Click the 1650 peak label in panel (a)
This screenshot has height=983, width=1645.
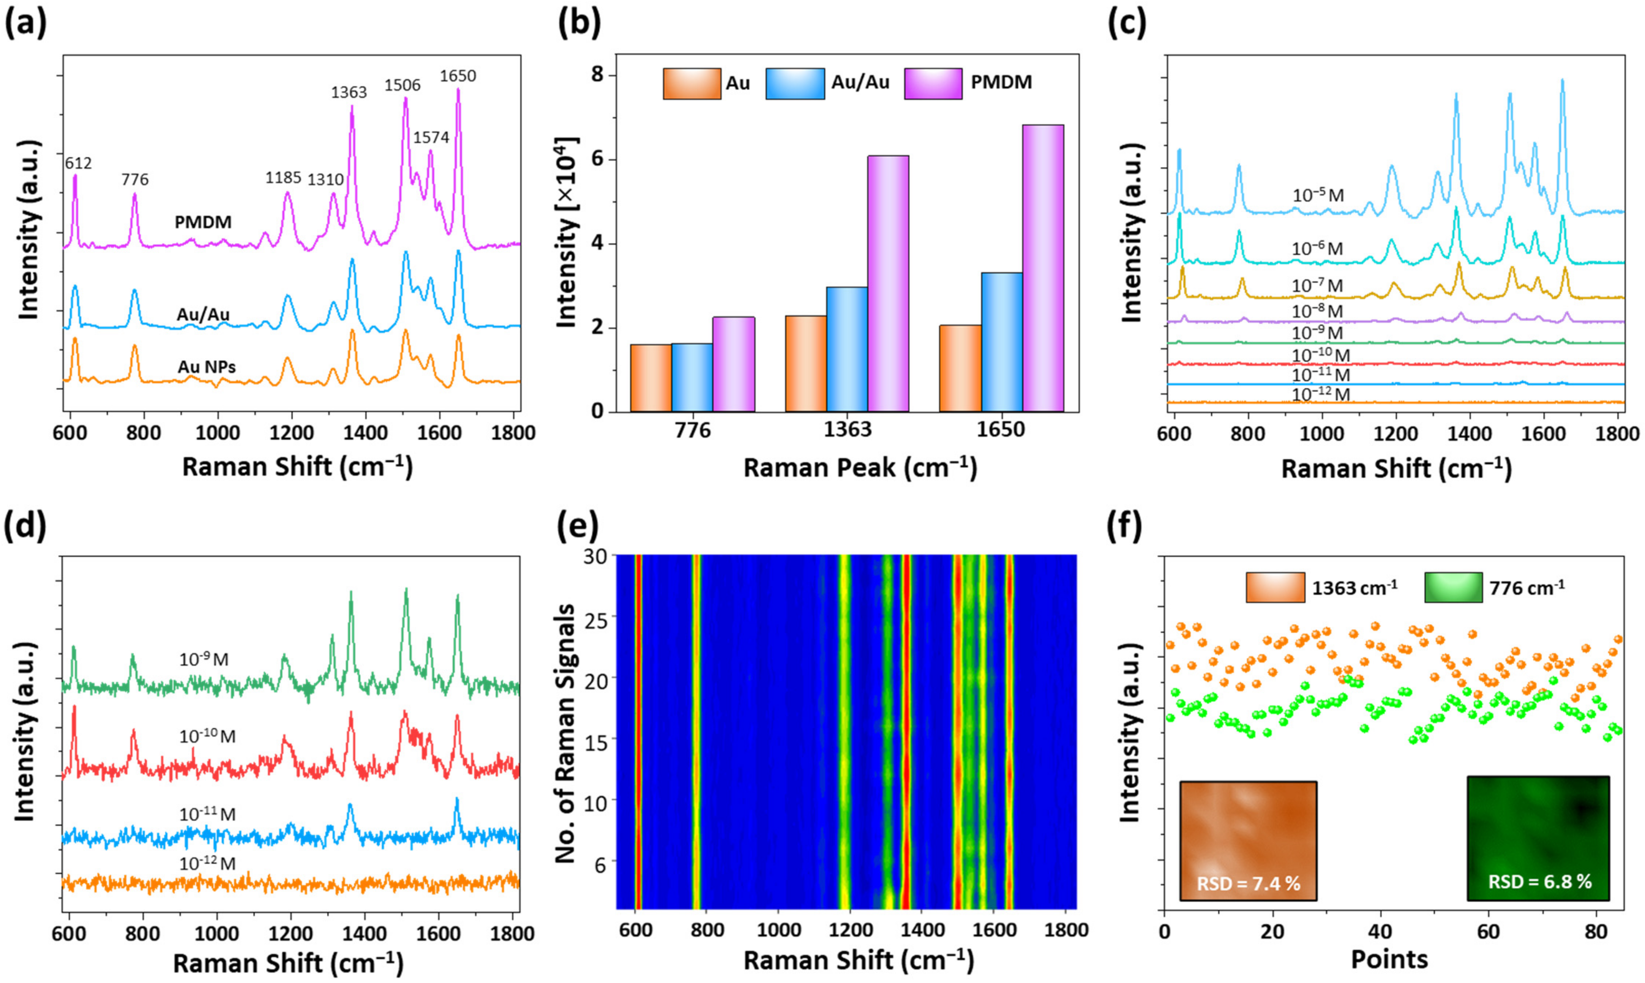[x=458, y=76]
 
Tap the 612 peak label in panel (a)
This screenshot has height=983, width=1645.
[x=78, y=163]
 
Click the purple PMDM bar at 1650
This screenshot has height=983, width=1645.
[x=1043, y=268]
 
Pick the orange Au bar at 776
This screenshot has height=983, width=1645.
[x=650, y=378]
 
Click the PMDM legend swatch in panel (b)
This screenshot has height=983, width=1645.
[x=933, y=84]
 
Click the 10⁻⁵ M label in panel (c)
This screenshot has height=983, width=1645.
[x=1318, y=195]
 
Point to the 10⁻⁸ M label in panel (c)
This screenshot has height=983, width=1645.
[x=1317, y=311]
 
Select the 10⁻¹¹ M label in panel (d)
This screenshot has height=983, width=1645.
[x=207, y=814]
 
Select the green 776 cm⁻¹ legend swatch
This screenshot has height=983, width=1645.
[x=1453, y=587]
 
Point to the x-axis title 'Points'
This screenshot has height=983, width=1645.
[x=1389, y=958]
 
